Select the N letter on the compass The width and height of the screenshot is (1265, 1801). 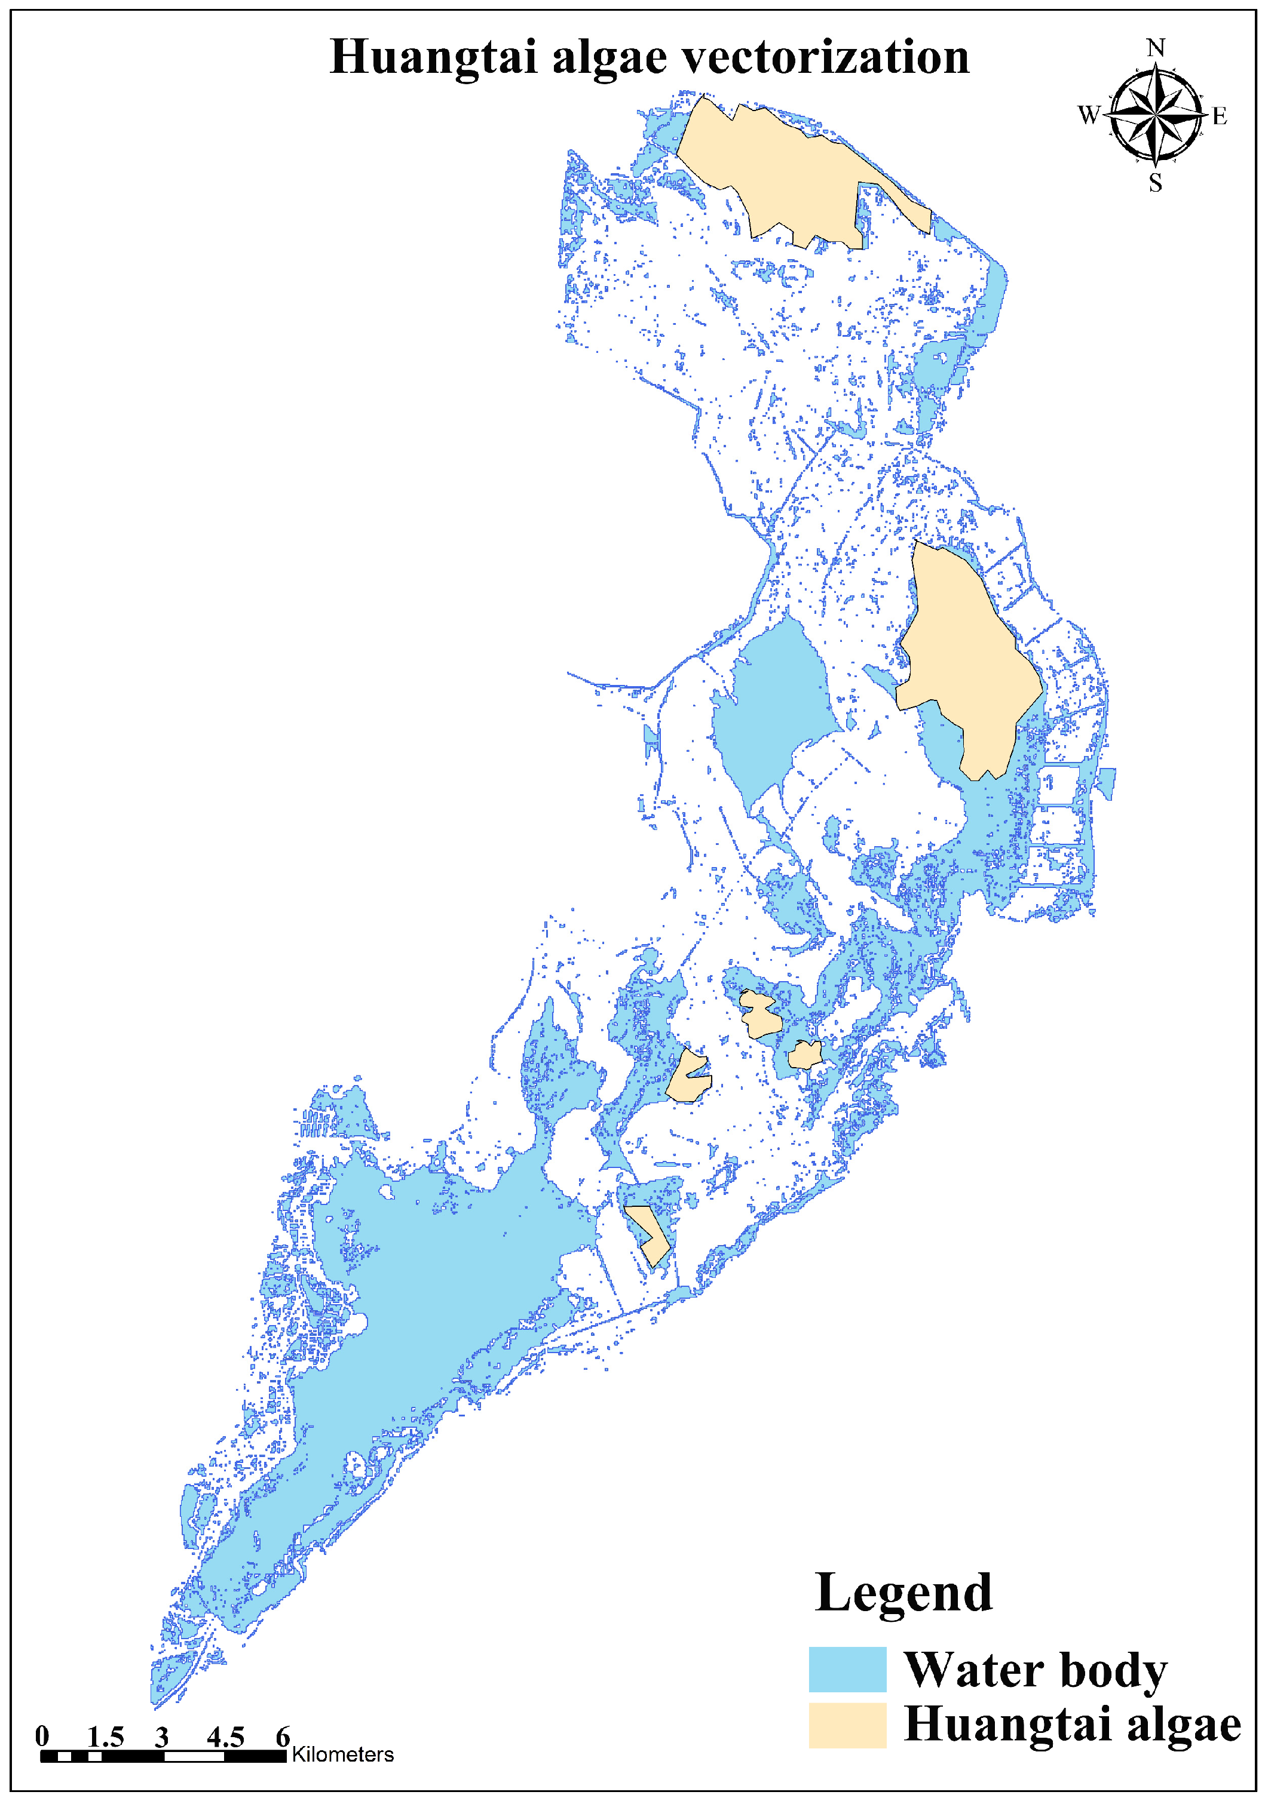tap(1155, 48)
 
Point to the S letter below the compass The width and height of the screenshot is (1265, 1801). tap(1155, 183)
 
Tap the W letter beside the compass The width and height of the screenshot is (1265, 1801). tap(1089, 115)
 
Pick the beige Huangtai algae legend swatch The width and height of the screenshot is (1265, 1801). tap(847, 1725)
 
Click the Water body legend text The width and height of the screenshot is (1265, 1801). tap(1036, 1671)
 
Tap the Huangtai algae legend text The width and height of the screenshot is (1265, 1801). tap(1072, 1726)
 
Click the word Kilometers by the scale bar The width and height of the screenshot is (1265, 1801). tap(343, 1754)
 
